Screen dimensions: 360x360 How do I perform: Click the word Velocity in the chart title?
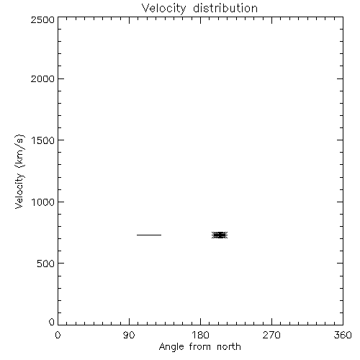point(163,9)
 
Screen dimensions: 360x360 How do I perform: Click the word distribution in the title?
point(225,8)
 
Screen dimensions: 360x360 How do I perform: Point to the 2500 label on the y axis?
point(42,19)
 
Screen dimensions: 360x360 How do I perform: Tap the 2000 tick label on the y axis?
point(42,78)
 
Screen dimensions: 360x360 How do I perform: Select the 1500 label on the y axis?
point(43,140)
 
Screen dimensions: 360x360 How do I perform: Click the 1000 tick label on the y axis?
point(43,202)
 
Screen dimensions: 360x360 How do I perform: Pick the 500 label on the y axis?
point(46,264)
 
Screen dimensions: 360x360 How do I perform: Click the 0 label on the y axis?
point(52,322)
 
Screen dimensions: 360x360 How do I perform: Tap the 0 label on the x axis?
point(58,335)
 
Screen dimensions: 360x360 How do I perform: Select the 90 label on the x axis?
point(129,335)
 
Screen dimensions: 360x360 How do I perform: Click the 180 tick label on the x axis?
point(200,335)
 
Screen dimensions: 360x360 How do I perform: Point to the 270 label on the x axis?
point(271,335)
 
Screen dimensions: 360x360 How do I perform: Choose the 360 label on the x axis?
point(343,335)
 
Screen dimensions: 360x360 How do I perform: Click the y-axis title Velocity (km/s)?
point(19,171)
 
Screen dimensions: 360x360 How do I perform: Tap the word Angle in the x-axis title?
point(171,347)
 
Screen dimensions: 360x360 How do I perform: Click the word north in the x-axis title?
point(229,346)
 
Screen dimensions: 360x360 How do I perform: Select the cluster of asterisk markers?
point(220,235)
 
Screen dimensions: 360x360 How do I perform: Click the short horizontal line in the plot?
point(149,235)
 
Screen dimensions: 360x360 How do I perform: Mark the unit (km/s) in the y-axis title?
point(19,151)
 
